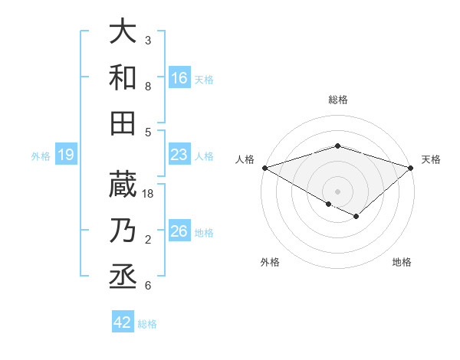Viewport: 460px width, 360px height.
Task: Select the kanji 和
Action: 123,77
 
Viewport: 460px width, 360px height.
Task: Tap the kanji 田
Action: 123,123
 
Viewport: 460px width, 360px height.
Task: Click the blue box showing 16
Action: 179,77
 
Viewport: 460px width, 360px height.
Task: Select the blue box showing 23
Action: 179,155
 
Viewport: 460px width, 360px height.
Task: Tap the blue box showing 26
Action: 179,231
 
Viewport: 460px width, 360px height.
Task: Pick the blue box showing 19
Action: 66,155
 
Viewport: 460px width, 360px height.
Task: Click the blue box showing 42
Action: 123,322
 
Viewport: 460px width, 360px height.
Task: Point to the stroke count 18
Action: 149,194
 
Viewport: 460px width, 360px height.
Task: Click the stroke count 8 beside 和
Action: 148,87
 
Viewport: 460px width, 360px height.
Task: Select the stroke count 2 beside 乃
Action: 148,241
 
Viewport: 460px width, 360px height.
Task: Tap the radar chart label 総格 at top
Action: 337,100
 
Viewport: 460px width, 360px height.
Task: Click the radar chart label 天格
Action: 431,159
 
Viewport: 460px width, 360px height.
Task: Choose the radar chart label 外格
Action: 270,262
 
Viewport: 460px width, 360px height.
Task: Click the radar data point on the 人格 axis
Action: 264,168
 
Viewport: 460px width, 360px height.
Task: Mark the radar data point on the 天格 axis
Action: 412,167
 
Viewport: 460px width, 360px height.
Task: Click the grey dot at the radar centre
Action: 337,191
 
